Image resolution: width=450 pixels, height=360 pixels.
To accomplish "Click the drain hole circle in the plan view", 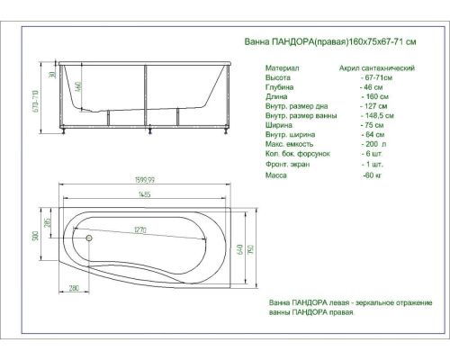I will pos(89,238).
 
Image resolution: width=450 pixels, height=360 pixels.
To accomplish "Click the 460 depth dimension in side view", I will pos(80,88).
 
